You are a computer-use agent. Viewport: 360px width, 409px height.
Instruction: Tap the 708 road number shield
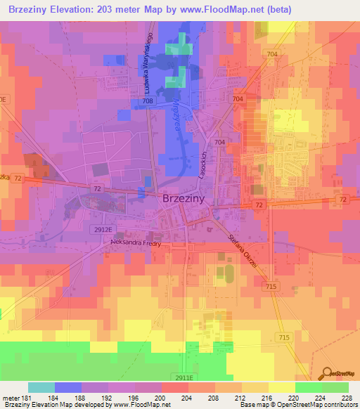coord(147,102)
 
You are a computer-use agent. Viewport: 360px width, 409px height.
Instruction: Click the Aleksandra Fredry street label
coord(136,243)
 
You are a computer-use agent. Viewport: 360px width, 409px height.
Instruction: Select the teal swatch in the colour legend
coord(41,387)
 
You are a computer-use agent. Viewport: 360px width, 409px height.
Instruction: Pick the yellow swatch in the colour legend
coord(281,387)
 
